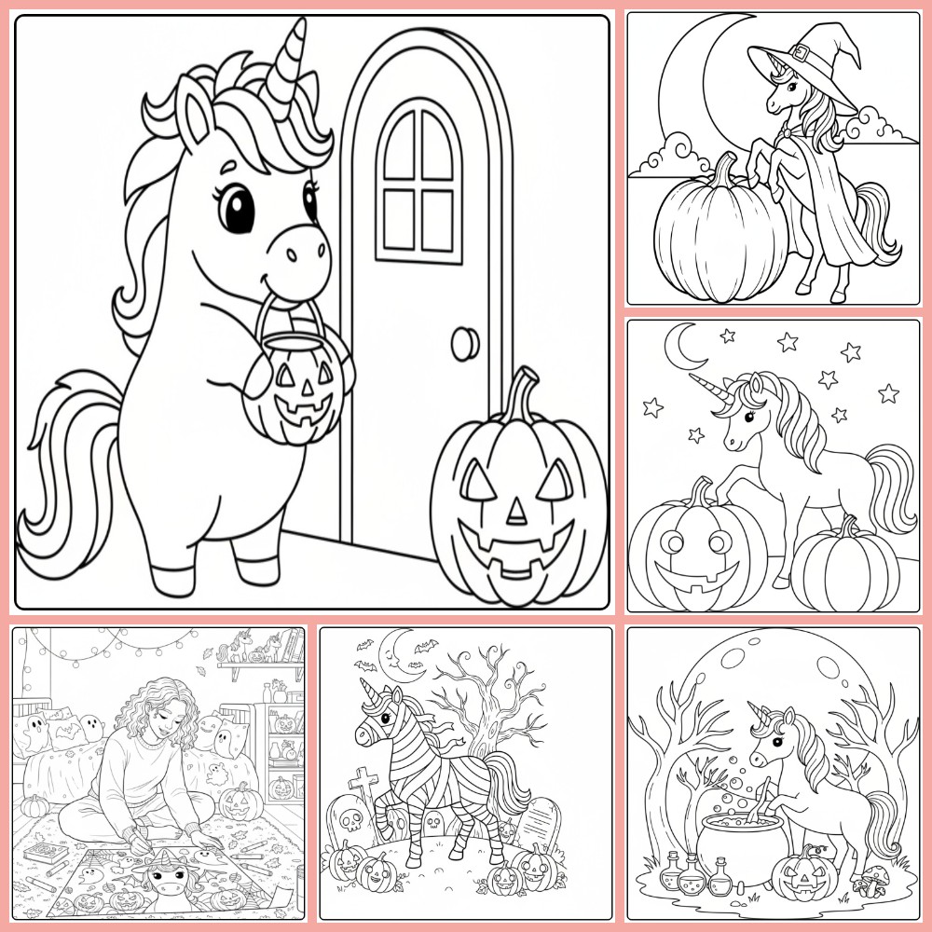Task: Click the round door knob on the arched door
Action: (x=464, y=344)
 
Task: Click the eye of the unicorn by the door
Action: (x=239, y=208)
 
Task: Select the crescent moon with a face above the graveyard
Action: (x=396, y=652)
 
